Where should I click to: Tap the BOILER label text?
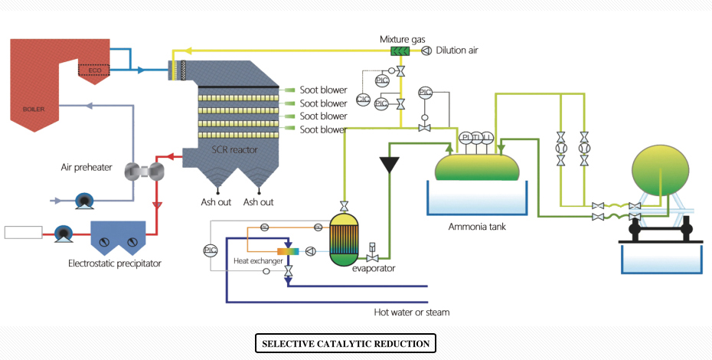pos(34,109)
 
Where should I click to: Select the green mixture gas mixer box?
pos(400,51)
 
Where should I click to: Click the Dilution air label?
pos(457,51)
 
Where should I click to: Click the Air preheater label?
pos(87,166)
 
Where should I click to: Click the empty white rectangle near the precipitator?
pos(23,232)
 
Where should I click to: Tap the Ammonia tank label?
pos(477,226)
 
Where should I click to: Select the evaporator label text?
pos(374,268)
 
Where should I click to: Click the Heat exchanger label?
pos(257,262)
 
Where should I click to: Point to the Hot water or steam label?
pos(412,312)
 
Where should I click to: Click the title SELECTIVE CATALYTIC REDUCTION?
pos(345,344)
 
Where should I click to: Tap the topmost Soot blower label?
pos(323,90)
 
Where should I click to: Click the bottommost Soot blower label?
pos(323,129)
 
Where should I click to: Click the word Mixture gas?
pos(402,38)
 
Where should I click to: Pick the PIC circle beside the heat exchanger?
pos(211,250)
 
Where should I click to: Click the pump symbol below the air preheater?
pos(83,202)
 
